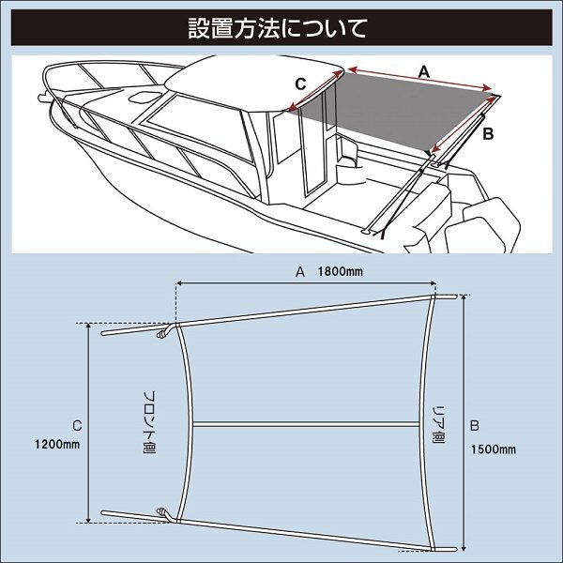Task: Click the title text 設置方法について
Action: click(278, 28)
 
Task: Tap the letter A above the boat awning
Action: click(424, 72)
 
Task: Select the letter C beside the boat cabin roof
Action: click(300, 84)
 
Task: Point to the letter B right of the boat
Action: click(488, 134)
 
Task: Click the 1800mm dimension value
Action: click(340, 272)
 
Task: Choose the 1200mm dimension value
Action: click(57, 445)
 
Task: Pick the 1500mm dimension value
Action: click(494, 449)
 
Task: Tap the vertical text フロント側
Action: click(149, 422)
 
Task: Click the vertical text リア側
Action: click(438, 425)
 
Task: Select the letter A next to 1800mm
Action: click(300, 272)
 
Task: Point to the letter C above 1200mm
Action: click(77, 426)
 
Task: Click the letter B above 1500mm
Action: click(474, 425)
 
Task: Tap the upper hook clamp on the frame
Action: click(164, 332)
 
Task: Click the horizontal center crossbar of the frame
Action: click(306, 424)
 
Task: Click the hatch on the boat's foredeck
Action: click(145, 97)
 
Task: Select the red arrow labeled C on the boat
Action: click(316, 90)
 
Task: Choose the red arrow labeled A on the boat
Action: click(420, 79)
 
